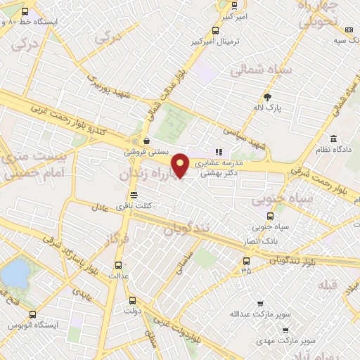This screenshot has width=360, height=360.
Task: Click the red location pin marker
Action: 181,165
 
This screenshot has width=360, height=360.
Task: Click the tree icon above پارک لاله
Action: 267,96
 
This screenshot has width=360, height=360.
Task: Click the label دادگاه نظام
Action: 335,150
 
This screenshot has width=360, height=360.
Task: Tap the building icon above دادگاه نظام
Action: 335,139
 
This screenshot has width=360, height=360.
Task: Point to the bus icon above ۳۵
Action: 245,260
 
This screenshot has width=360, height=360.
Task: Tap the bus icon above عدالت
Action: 117,265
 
